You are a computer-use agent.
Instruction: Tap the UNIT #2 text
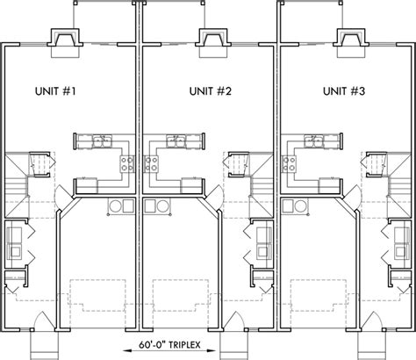point(210,90)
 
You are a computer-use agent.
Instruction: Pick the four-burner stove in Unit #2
point(152,163)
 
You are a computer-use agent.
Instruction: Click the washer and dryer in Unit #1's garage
point(120,205)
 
